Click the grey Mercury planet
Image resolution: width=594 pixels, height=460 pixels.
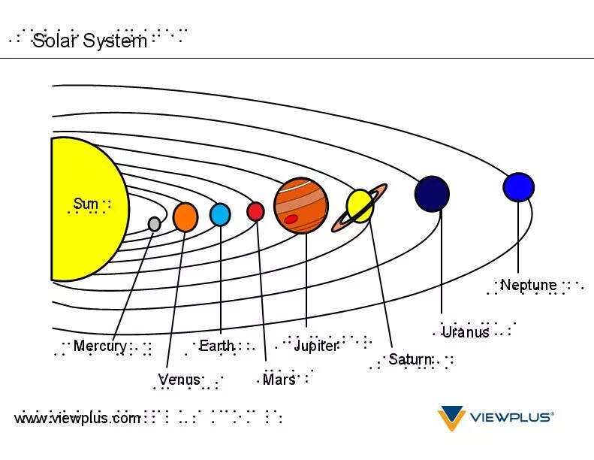[x=154, y=223]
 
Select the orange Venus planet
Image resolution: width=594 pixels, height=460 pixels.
[x=185, y=216]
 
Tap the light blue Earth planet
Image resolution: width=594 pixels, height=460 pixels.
[x=220, y=214]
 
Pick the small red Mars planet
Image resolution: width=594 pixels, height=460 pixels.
[x=255, y=212]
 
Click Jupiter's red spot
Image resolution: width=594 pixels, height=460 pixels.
[x=291, y=219]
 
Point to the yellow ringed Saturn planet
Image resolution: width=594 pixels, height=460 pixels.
[x=360, y=205]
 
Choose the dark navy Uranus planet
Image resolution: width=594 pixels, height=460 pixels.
[x=432, y=193]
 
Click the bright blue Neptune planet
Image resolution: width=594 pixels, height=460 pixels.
[x=518, y=187]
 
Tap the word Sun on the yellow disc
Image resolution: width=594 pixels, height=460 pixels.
[x=86, y=204]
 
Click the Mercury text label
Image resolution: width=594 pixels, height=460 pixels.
[x=100, y=347]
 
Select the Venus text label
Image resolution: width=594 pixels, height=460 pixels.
[x=179, y=379]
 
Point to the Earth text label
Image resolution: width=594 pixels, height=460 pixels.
[x=216, y=347]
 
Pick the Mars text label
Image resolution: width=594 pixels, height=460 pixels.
[x=279, y=380]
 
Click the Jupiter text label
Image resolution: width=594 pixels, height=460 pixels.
[x=316, y=346]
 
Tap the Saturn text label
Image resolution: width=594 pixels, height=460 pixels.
[x=410, y=359]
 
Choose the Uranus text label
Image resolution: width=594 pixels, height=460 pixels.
[x=466, y=331]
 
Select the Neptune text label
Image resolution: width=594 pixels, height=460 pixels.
[x=529, y=285]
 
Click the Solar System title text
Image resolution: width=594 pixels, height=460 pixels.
[x=90, y=41]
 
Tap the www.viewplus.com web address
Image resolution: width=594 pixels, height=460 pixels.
[x=77, y=418]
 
